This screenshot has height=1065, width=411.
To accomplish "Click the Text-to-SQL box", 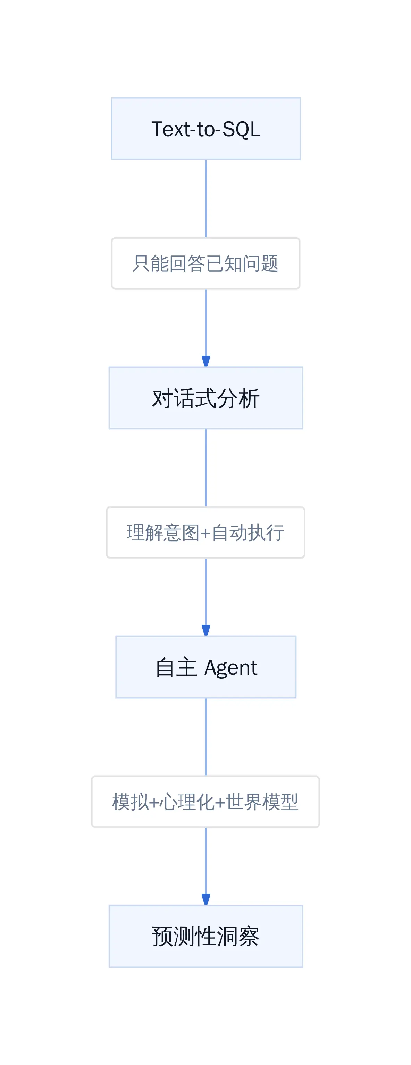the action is (x=206, y=129).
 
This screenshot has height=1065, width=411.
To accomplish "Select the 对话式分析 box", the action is (x=206, y=398).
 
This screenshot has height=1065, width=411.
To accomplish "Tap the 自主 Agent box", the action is (x=206, y=667).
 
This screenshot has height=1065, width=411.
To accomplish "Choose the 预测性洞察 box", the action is (x=206, y=936).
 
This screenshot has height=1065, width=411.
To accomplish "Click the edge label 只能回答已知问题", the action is (x=206, y=263).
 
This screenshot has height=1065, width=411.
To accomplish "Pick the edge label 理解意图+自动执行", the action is (x=206, y=532).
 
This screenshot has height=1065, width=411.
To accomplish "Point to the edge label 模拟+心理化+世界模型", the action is (x=206, y=802).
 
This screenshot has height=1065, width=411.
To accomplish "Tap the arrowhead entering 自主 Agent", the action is (x=206, y=630).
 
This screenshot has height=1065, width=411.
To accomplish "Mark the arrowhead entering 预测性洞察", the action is (x=206, y=899).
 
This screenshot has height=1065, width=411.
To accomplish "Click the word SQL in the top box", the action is (x=241, y=129).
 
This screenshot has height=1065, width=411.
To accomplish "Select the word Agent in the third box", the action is (x=231, y=668).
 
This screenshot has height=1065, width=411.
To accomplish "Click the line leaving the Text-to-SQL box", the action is (x=206, y=198).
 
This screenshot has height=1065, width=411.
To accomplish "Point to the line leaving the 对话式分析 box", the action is (x=206, y=468).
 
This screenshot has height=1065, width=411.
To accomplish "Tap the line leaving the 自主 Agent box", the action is (x=206, y=737).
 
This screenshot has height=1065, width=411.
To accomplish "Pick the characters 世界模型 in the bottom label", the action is (x=262, y=802).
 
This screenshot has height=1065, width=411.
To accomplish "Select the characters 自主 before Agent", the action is (x=176, y=667).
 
